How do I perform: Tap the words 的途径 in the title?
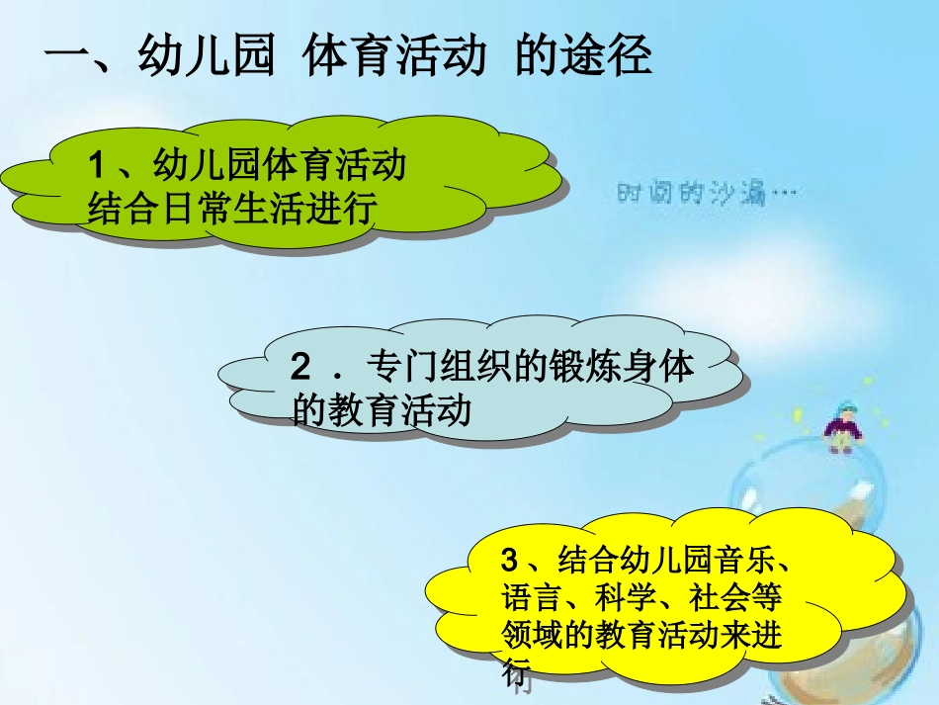[x=583, y=57]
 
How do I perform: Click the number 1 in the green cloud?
[x=96, y=165]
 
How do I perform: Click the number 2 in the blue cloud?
[x=300, y=368]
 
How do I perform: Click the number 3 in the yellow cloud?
[x=510, y=562]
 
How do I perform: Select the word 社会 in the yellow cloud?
[x=720, y=598]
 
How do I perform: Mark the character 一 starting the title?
[x=67, y=57]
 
